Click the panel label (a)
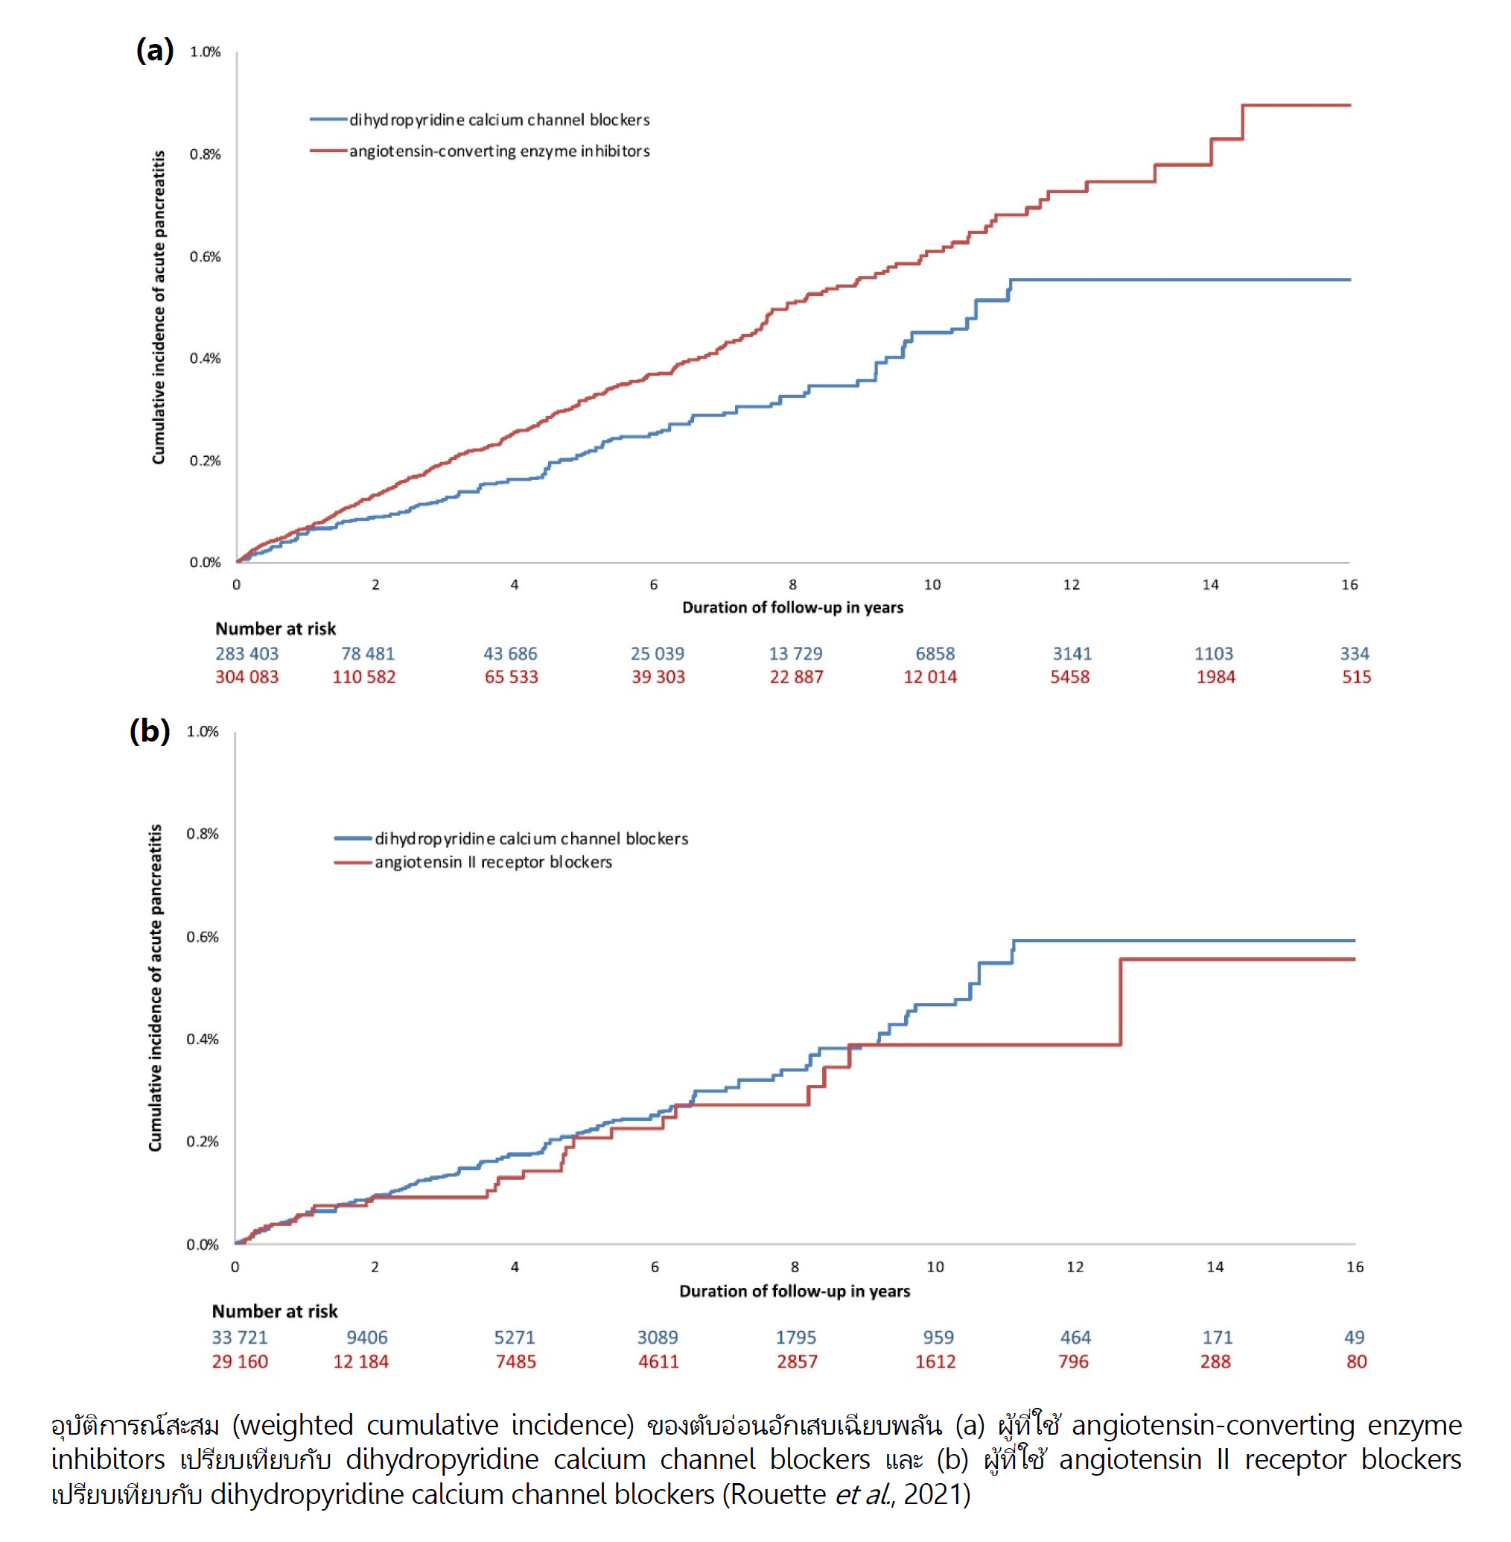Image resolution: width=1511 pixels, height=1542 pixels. pyautogui.click(x=155, y=50)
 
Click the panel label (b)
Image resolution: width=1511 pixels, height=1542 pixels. pyautogui.click(x=150, y=730)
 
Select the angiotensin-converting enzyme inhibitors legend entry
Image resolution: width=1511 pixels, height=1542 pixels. pyautogui.click(x=498, y=151)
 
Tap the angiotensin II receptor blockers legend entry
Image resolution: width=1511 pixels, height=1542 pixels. pyautogui.click(x=493, y=862)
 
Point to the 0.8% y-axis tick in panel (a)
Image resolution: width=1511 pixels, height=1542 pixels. pyautogui.click(x=205, y=154)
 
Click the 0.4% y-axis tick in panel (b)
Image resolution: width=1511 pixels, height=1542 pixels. pyautogui.click(x=203, y=1040)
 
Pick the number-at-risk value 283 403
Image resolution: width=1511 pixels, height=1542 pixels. pyautogui.click(x=246, y=654)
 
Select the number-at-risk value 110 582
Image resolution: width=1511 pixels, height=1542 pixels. pyautogui.click(x=363, y=677)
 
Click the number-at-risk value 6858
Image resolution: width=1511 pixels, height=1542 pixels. pyautogui.click(x=935, y=654)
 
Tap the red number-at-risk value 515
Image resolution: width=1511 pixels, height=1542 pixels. pyautogui.click(x=1356, y=677)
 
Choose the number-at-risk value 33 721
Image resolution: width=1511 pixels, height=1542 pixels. pyautogui.click(x=240, y=1338)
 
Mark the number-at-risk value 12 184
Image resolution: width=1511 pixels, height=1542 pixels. pyautogui.click(x=360, y=1362)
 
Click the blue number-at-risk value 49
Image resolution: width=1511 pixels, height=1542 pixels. pyautogui.click(x=1354, y=1338)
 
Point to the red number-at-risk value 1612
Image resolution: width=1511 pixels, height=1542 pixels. pyautogui.click(x=935, y=1362)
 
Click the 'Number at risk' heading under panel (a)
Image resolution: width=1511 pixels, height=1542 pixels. pyautogui.click(x=276, y=629)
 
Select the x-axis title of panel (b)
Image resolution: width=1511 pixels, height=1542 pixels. pyautogui.click(x=795, y=1291)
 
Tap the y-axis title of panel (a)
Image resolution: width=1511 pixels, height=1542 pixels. pyautogui.click(x=159, y=307)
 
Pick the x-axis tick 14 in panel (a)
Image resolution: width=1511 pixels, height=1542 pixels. pyautogui.click(x=1210, y=585)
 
